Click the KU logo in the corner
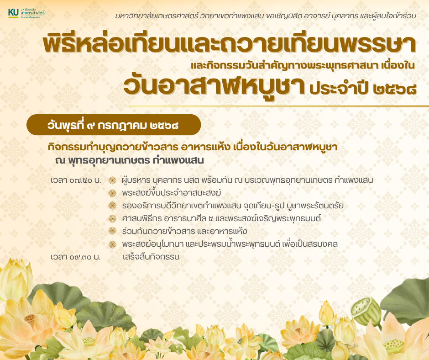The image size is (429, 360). pyautogui.click(x=26, y=13)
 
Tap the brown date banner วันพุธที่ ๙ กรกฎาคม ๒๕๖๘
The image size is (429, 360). pyautogui.click(x=114, y=125)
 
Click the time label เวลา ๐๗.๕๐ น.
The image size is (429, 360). pyautogui.click(x=76, y=180)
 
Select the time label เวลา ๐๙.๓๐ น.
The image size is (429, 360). pyautogui.click(x=75, y=257)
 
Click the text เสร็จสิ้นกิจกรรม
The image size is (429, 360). pyautogui.click(x=151, y=257)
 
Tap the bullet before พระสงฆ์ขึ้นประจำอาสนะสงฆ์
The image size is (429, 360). pyautogui.click(x=112, y=193)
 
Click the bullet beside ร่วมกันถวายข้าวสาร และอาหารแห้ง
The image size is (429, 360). pyautogui.click(x=112, y=231)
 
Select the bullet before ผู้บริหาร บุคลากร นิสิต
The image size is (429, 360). pyautogui.click(x=112, y=180)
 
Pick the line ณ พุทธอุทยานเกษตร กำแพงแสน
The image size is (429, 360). pyautogui.click(x=130, y=160)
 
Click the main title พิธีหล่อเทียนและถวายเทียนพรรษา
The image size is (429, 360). pyautogui.click(x=229, y=44)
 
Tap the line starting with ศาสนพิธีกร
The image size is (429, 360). pyautogui.click(x=221, y=218)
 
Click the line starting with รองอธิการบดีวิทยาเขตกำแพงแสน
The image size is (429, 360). pyautogui.click(x=233, y=206)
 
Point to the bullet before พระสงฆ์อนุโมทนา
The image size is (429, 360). pyautogui.click(x=112, y=244)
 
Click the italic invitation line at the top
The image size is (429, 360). pyautogui.click(x=266, y=16)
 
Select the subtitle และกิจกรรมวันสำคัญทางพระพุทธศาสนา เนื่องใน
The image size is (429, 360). pyautogui.click(x=303, y=65)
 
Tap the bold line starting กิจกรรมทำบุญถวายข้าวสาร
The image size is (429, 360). pyautogui.click(x=192, y=147)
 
